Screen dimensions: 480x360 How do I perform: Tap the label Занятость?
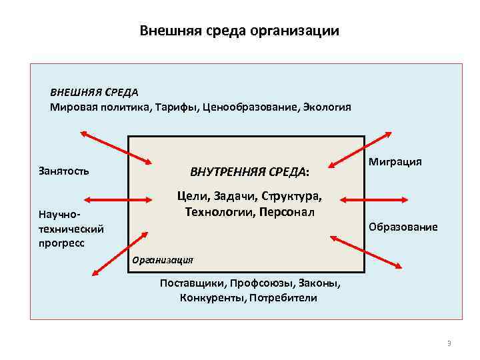tap(63, 171)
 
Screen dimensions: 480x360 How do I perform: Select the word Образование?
tap(403, 227)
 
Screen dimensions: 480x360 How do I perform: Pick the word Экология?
tap(327, 107)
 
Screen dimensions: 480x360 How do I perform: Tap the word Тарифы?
tap(176, 107)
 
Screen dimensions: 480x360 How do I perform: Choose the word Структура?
tap(291, 197)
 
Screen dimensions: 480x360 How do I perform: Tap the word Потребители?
tap(283, 297)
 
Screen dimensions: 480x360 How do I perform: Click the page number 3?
tap(449, 343)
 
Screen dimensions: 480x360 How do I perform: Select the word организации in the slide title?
tap(302, 31)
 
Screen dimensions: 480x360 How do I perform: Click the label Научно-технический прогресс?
tap(71, 229)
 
